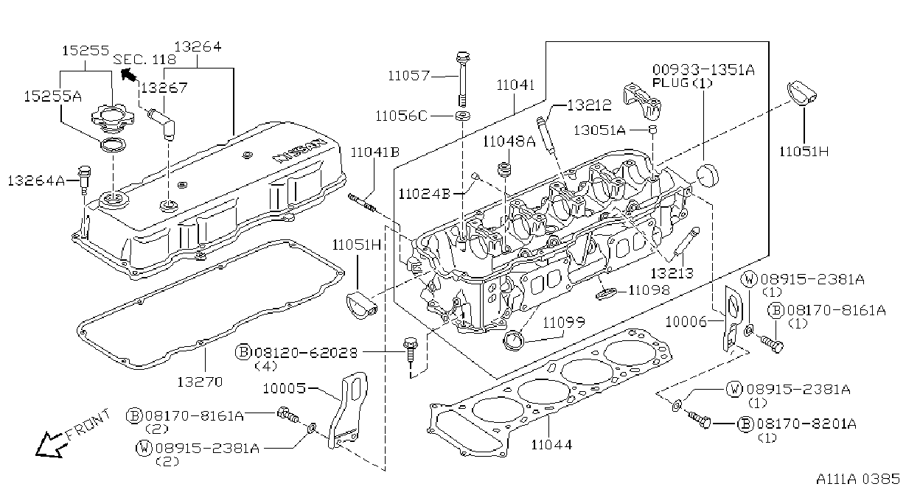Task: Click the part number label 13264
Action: tap(198, 46)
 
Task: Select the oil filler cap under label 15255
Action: tap(113, 117)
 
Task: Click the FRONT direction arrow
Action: tap(49, 445)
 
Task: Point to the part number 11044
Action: tap(551, 445)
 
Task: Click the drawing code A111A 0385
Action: tap(858, 479)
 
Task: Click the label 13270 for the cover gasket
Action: tap(200, 382)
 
